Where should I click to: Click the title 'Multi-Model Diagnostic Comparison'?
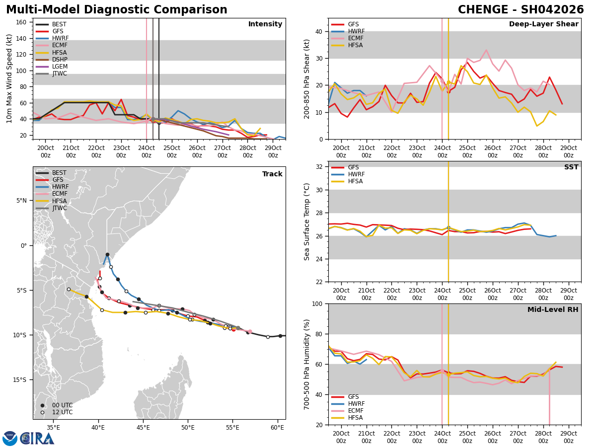tap(116, 10)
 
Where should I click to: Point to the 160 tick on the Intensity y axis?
tap(22, 22)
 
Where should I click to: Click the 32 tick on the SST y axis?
tap(320, 167)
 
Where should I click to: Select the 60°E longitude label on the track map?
tap(278, 427)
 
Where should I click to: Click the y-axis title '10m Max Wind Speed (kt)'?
tap(9, 78)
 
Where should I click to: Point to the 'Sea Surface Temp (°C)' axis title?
tap(307, 222)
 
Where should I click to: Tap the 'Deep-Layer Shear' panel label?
tap(543, 24)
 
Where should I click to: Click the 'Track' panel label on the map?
tap(272, 174)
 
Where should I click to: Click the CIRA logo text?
tap(37, 438)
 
